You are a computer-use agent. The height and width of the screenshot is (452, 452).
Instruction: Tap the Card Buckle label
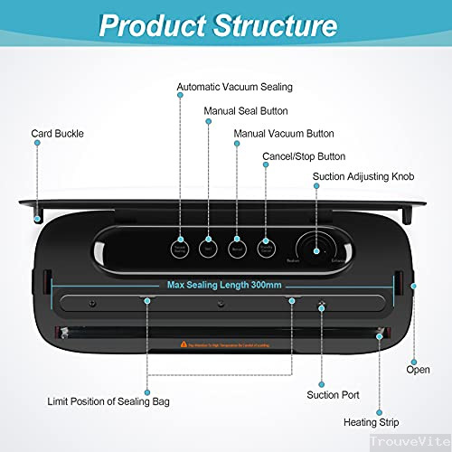pyautogui.click(x=57, y=133)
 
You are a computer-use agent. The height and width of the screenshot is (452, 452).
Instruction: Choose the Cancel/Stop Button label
pyautogui.click(x=305, y=155)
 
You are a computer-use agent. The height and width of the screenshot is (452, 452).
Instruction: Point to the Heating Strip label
pyautogui.click(x=371, y=420)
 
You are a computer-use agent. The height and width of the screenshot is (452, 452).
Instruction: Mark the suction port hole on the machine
pyautogui.click(x=321, y=306)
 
